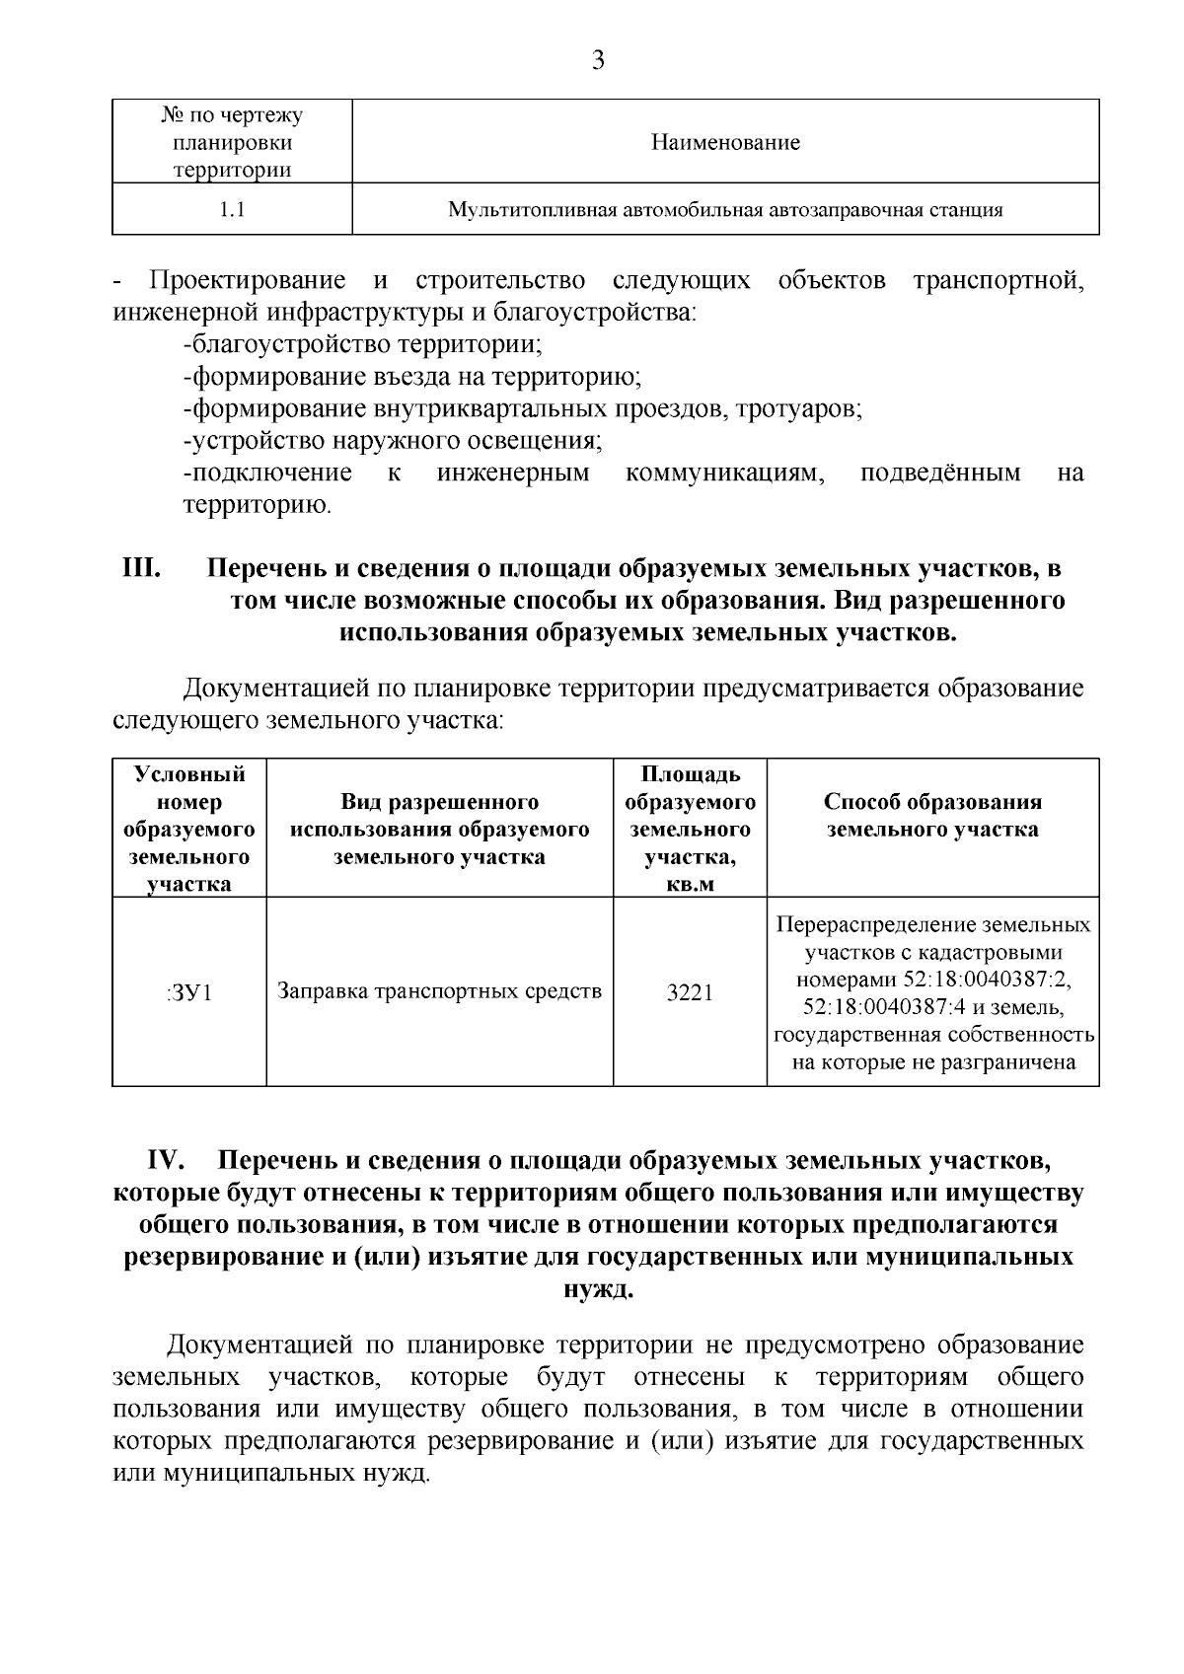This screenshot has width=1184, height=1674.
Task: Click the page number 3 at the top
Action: (x=597, y=61)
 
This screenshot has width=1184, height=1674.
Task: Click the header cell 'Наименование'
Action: (x=725, y=142)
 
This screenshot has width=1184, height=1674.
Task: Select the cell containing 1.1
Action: (x=232, y=209)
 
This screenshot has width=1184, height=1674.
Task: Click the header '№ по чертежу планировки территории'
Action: (x=232, y=142)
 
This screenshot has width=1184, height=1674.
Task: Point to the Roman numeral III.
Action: (x=141, y=569)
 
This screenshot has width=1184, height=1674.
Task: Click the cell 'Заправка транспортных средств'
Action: (x=439, y=990)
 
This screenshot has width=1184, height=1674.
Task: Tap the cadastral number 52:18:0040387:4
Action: (x=879, y=1008)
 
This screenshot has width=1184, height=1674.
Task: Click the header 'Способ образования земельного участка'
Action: (x=932, y=815)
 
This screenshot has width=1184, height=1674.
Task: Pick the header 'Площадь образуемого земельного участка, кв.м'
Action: (x=690, y=829)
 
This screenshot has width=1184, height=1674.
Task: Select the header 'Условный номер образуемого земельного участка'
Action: (x=189, y=829)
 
